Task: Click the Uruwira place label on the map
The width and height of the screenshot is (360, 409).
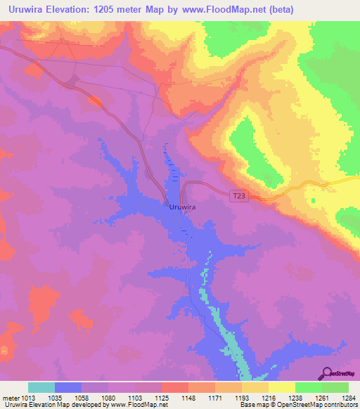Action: pos(182,207)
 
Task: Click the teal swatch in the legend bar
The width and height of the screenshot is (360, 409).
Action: pos(41,387)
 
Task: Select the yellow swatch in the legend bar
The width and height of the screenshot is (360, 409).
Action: pos(282,387)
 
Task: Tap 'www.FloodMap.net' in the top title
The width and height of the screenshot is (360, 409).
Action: pos(220,10)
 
